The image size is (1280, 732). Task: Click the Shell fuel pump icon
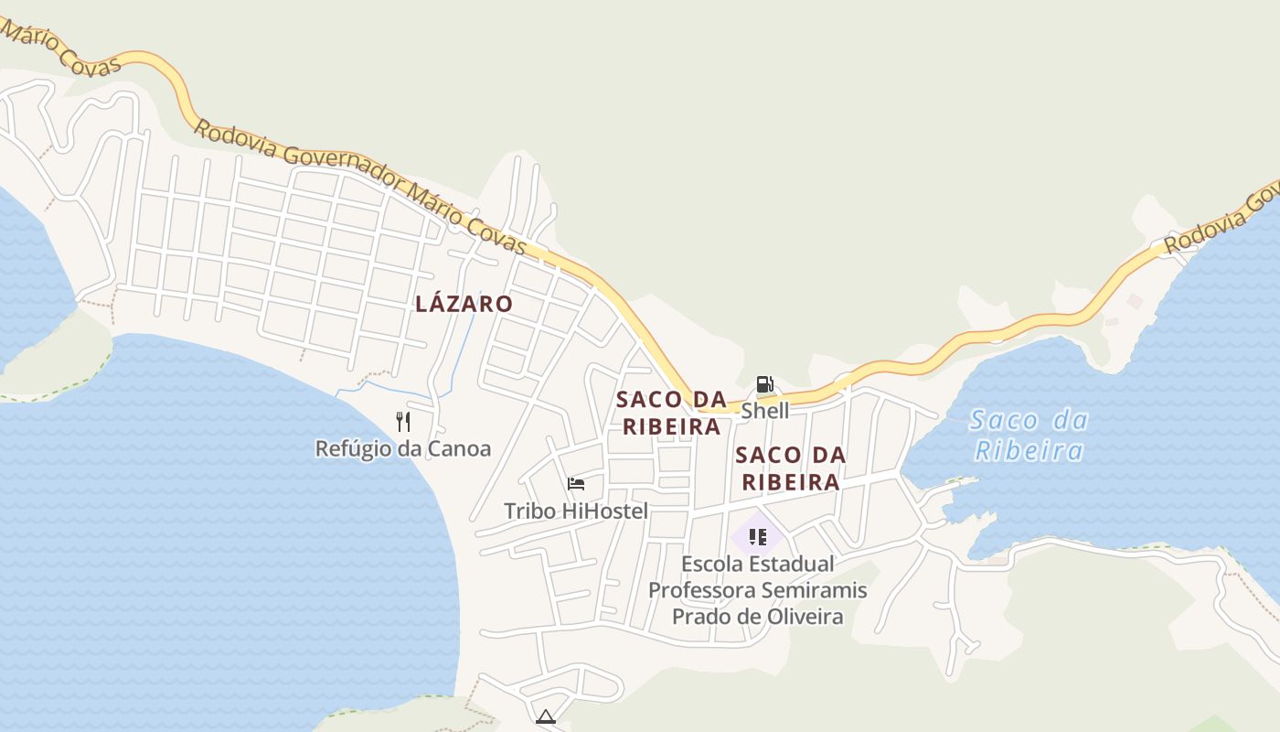[764, 384]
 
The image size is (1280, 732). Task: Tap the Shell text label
[764, 411]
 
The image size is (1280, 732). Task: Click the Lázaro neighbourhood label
[464, 304]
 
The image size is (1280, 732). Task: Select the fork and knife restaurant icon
[403, 421]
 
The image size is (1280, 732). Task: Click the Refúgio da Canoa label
[402, 448]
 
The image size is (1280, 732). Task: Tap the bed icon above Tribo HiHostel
[576, 484]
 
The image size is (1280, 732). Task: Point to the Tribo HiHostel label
[575, 511]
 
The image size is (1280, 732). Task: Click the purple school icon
[757, 536]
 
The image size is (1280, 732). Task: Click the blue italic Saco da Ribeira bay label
[1029, 436]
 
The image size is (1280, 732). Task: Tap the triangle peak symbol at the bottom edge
[546, 716]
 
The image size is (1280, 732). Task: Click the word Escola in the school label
[712, 564]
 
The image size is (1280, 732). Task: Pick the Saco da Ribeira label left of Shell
[671, 413]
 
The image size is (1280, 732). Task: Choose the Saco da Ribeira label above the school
[790, 468]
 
